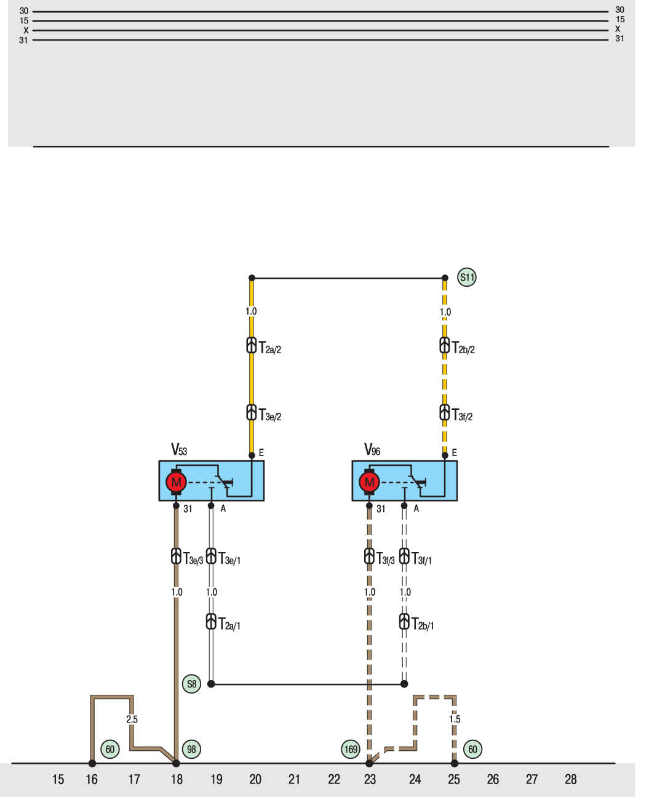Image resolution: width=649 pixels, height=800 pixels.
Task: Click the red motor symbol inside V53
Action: [x=176, y=481]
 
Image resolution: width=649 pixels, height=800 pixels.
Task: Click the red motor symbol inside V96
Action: [x=368, y=481]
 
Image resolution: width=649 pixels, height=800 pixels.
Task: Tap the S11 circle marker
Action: [x=466, y=277]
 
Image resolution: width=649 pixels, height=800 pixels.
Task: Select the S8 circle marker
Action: [x=191, y=684]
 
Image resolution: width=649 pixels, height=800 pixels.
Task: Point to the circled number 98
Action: [x=191, y=749]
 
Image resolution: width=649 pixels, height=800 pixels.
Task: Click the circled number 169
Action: [x=350, y=749]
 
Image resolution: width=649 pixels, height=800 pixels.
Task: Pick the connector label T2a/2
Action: [x=269, y=348]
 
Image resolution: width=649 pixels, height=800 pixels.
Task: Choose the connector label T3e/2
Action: [x=269, y=415]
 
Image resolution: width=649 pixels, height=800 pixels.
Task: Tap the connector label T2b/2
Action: [x=463, y=348]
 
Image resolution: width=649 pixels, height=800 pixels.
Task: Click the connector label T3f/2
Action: [x=461, y=415]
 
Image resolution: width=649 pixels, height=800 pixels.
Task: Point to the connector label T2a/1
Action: [x=229, y=623]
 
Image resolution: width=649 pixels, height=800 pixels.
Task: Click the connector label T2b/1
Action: [x=422, y=623]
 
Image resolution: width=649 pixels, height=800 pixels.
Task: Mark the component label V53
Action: [x=178, y=449]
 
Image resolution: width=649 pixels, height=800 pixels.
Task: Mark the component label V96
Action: [x=372, y=449]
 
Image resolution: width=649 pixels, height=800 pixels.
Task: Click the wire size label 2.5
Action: [x=132, y=719]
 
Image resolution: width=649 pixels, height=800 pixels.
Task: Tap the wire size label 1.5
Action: [x=454, y=719]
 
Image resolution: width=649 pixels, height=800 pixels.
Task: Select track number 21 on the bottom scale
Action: [x=294, y=779]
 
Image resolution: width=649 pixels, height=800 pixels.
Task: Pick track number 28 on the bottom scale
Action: [x=570, y=779]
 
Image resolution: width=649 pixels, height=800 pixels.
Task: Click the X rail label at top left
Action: [x=25, y=30]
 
